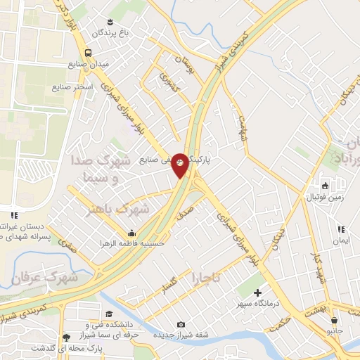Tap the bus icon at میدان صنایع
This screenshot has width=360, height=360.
point(89,53)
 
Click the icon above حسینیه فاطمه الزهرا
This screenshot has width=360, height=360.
point(131,233)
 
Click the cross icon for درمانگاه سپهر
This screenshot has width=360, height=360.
point(258,292)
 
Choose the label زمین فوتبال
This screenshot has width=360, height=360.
point(324,198)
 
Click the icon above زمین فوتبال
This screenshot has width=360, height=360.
point(325,186)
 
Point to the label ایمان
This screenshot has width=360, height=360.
point(342,240)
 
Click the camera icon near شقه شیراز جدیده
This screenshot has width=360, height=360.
point(181,324)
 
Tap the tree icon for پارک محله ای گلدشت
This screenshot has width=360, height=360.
point(67,337)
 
